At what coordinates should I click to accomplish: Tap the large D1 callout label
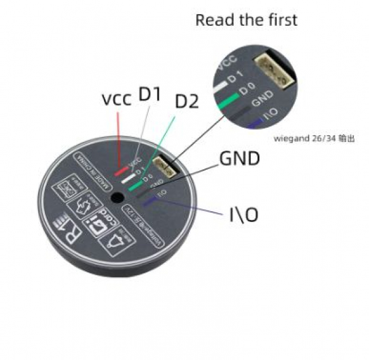click(149, 94)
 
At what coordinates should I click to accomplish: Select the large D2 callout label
click(187, 102)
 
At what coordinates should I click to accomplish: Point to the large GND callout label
click(239, 159)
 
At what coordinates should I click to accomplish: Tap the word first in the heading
click(279, 20)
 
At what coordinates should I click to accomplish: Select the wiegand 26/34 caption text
click(314, 139)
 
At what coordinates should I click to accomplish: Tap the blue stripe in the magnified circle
click(255, 124)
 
